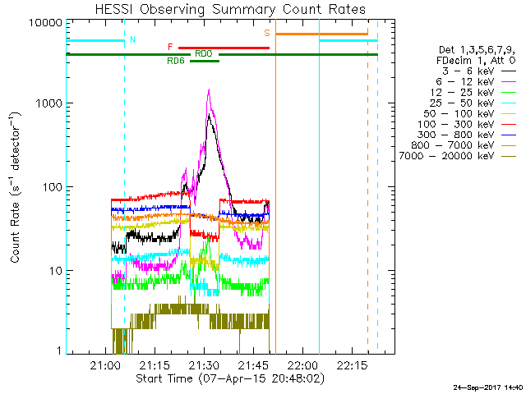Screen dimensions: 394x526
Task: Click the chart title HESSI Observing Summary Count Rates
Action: coord(231,10)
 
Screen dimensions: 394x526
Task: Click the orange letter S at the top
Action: coord(267,33)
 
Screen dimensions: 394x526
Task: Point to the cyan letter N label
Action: coord(132,39)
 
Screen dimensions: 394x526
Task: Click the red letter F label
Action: coord(170,47)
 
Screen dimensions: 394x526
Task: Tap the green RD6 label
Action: coord(176,61)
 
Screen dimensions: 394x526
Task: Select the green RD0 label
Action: coord(204,53)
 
